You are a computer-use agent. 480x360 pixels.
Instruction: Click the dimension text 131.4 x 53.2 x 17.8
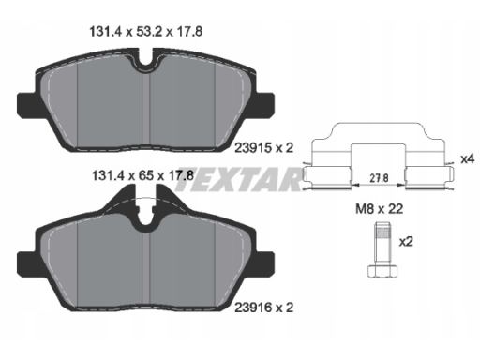146,32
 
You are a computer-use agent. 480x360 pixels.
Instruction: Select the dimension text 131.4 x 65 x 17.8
142,175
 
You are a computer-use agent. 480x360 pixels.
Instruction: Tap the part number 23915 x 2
264,148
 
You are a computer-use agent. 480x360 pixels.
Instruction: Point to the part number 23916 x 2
264,307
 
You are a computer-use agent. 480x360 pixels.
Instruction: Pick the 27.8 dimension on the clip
379,178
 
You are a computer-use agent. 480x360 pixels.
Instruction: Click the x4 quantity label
468,159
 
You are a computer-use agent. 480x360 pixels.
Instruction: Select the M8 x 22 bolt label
379,209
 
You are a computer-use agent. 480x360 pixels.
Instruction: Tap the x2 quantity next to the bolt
406,241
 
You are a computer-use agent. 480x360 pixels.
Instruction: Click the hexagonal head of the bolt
383,271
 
